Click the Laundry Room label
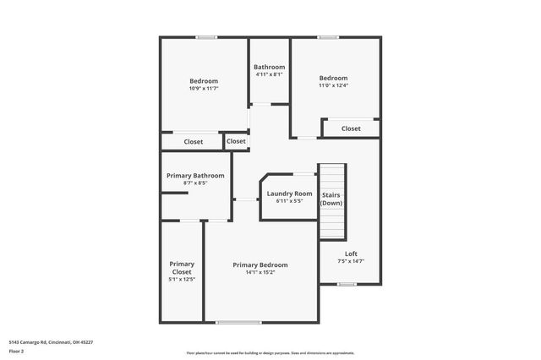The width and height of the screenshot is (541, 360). click(x=290, y=194)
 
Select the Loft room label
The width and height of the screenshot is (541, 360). click(x=351, y=254)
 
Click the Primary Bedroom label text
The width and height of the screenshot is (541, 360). click(x=260, y=265)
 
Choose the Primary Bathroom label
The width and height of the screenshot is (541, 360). click(x=195, y=176)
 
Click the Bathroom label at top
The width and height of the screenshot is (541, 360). click(x=270, y=67)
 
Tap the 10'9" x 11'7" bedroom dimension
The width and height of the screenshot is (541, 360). click(x=204, y=88)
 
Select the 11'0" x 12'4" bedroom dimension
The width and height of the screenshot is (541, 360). click(x=333, y=85)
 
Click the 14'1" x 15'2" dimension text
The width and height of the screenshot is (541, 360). click(x=260, y=272)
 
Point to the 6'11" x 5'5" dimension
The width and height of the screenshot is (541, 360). click(x=290, y=201)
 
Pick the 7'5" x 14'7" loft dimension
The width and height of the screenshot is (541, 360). click(x=351, y=261)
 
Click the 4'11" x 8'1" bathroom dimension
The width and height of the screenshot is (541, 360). click(x=270, y=74)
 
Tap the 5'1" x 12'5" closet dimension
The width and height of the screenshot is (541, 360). click(x=182, y=280)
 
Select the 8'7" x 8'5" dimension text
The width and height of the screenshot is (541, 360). click(x=195, y=183)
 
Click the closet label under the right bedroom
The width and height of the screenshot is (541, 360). click(x=351, y=128)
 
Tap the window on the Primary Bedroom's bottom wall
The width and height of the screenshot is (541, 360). click(x=238, y=322)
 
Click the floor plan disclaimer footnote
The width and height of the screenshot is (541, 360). click(x=270, y=353)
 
